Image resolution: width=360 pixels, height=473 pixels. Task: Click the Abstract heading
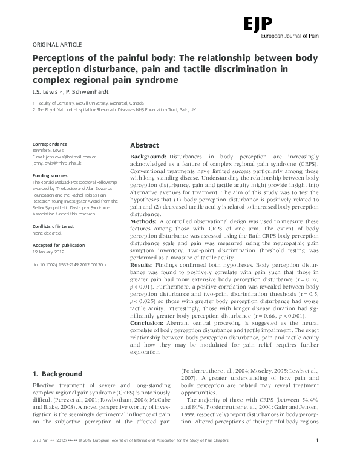tap(145, 146)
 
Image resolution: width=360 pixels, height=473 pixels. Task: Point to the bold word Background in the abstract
tap(149, 157)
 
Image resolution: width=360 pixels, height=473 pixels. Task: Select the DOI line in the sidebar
tap(70, 264)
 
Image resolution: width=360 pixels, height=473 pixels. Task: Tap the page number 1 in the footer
tap(326, 456)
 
